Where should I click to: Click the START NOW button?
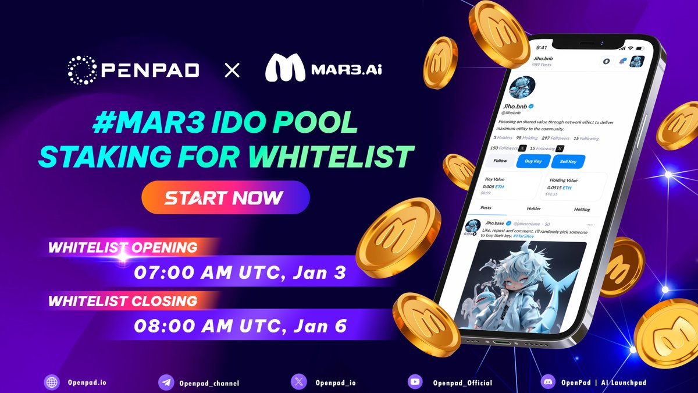[x=225, y=197]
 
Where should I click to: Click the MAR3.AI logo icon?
[x=285, y=69]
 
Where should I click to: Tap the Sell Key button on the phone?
[x=568, y=161]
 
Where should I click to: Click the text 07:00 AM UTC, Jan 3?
[x=240, y=272]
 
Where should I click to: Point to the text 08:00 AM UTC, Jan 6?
[x=240, y=325]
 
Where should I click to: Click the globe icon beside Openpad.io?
[x=52, y=383]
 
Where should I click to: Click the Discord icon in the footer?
[x=546, y=383]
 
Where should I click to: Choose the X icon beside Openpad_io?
[x=298, y=383]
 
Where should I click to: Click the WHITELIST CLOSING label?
[x=123, y=302]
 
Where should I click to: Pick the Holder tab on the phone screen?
[x=533, y=208]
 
